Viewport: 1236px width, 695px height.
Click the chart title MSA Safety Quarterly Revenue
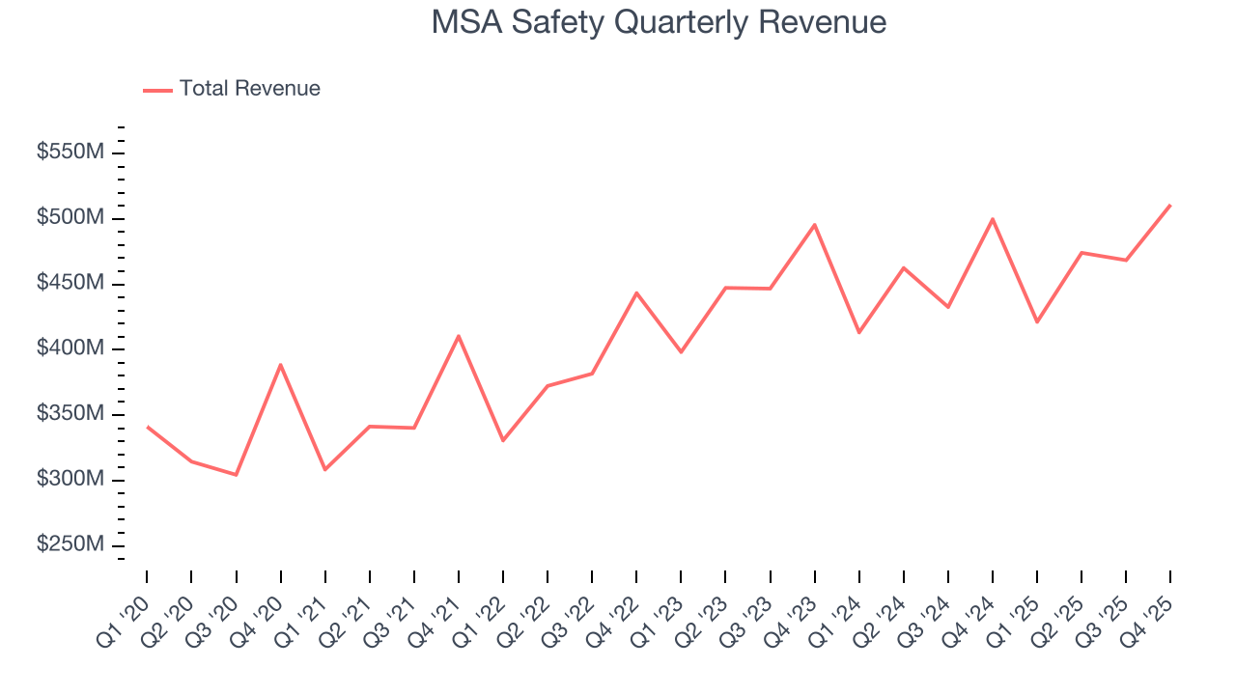(659, 22)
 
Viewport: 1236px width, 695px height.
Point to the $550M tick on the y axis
(70, 153)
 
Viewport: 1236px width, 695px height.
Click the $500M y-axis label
(70, 218)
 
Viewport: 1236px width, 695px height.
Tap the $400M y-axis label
(70, 349)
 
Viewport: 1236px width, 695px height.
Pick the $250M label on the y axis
(70, 545)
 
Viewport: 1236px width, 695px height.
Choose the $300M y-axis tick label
(70, 480)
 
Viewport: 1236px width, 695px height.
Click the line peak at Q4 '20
(280, 365)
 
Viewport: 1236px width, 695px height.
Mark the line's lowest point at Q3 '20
(236, 475)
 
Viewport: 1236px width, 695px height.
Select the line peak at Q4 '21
(458, 336)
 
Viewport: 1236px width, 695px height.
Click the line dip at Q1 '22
(503, 440)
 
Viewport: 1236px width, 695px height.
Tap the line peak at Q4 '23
(814, 225)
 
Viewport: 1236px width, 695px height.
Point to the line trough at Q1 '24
(859, 332)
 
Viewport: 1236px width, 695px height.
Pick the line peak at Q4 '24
(993, 219)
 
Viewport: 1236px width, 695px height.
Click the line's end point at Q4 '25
(1170, 205)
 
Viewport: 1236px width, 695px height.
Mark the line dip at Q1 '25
(1037, 321)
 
